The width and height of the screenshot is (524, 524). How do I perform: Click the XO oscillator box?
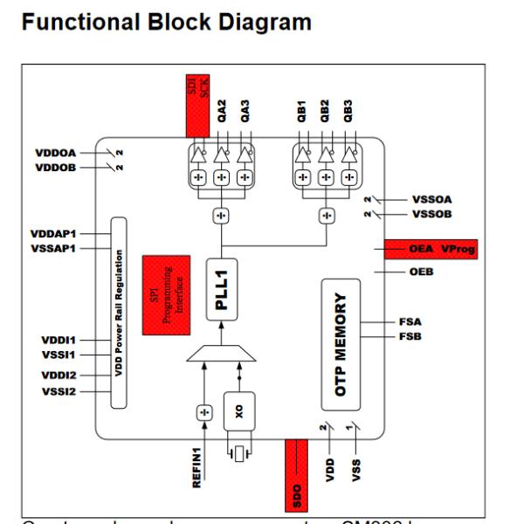coord(238,410)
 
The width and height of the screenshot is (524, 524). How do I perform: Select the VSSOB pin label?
coord(431,214)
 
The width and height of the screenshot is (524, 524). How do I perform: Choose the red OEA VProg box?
coord(431,250)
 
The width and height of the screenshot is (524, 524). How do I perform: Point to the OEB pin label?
coord(420,272)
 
